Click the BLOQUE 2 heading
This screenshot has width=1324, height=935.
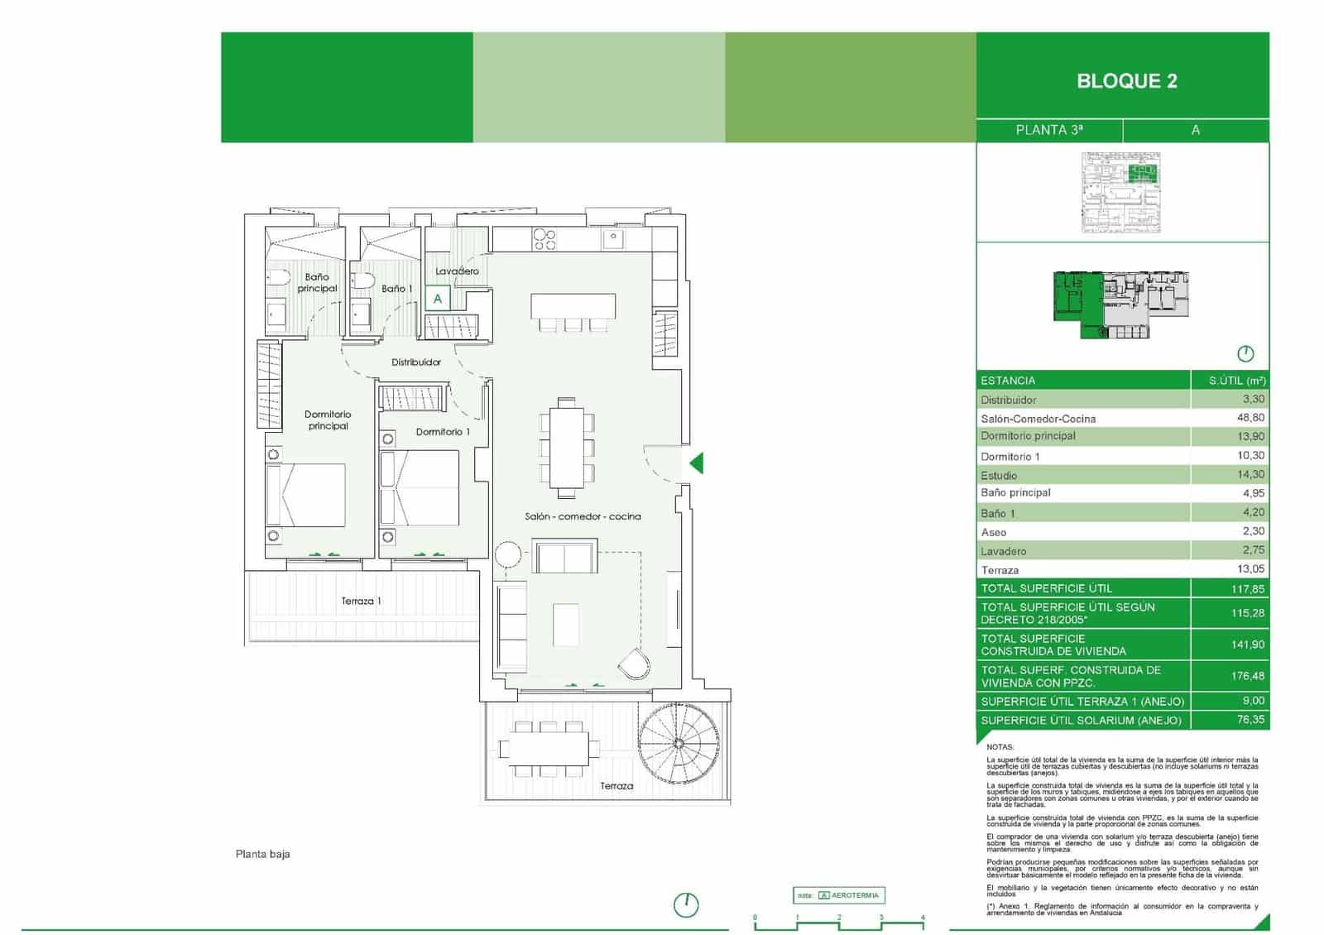pyautogui.click(x=1126, y=81)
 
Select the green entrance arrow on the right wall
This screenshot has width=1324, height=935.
pyautogui.click(x=697, y=463)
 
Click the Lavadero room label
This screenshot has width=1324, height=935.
pyautogui.click(x=457, y=271)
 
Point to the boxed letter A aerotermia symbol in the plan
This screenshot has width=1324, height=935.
pyautogui.click(x=438, y=299)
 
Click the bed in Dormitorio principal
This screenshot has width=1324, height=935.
pyautogui.click(x=305, y=495)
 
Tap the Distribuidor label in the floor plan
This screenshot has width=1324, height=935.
pyautogui.click(x=416, y=362)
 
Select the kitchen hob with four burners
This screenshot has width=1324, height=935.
pyautogui.click(x=544, y=239)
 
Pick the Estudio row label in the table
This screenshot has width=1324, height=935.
pyautogui.click(x=999, y=475)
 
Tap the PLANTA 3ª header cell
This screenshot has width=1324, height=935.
pyautogui.click(x=1049, y=130)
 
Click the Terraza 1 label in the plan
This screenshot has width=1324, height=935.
pyautogui.click(x=361, y=602)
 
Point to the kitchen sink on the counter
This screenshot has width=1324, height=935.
pyautogui.click(x=613, y=239)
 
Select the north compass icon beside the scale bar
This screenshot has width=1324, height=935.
pyautogui.click(x=686, y=904)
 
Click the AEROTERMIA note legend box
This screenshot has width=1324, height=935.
pyautogui.click(x=839, y=895)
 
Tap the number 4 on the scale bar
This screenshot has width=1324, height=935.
pyautogui.click(x=923, y=918)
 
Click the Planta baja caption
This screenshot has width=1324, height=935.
pyautogui.click(x=262, y=854)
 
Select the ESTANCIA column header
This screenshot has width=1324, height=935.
pyautogui.click(x=1008, y=381)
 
